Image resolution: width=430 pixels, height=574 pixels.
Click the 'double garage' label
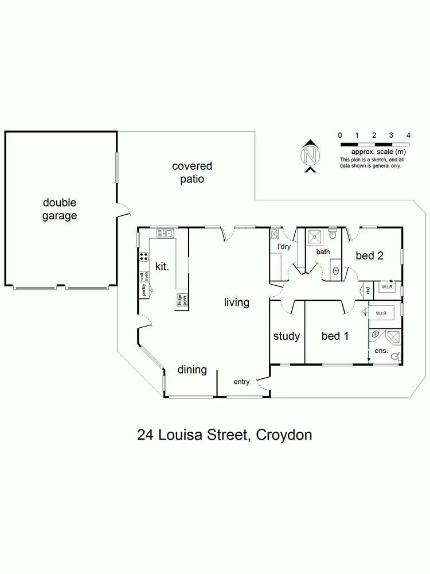coord(59,210)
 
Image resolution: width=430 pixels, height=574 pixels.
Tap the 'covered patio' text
coord(192,172)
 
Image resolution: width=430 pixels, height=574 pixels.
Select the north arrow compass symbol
coord(310,156)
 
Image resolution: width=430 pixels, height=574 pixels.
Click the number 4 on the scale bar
coord(408,135)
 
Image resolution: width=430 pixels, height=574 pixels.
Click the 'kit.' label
coord(162,266)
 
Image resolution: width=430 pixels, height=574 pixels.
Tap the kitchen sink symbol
coord(165,234)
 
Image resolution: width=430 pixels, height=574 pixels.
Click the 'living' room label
coord(236,302)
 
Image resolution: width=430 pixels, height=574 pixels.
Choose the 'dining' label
coord(191,370)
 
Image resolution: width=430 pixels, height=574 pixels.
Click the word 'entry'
coord(241,382)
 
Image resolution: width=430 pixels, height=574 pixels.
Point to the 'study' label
coord(286,336)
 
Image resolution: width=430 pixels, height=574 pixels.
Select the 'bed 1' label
coord(331,336)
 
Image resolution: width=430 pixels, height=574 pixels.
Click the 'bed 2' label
coord(369,256)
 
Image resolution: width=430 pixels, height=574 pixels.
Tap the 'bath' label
coord(323,251)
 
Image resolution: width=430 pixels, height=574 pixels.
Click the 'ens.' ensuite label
coord(381,350)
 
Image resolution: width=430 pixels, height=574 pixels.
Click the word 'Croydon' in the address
coord(284,435)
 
